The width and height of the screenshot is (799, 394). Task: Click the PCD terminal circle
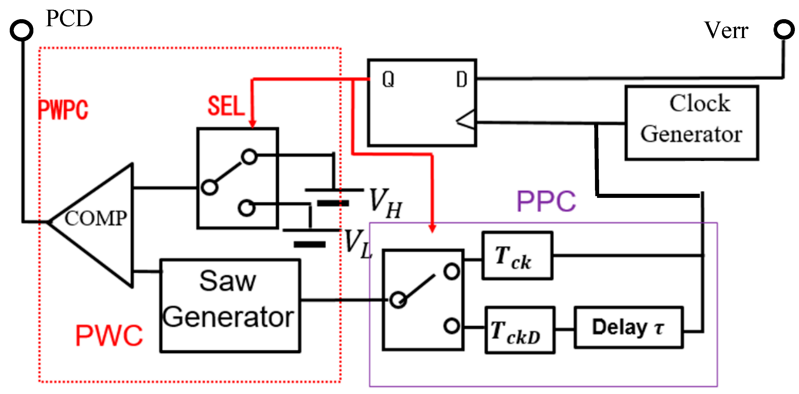point(21,30)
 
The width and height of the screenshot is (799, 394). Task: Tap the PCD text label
point(69,18)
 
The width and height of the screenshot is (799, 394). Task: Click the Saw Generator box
point(230,306)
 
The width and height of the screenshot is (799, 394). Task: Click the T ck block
point(517,256)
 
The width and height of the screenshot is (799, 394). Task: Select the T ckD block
point(520,330)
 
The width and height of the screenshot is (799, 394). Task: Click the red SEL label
point(226,106)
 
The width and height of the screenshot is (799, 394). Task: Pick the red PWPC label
point(63,110)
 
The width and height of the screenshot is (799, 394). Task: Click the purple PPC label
point(546,201)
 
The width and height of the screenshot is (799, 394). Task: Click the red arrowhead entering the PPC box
point(432,228)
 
